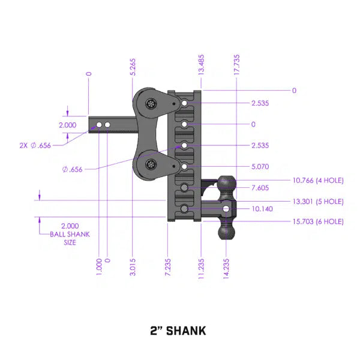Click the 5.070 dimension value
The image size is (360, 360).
[260, 167]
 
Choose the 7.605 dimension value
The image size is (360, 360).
[260, 188]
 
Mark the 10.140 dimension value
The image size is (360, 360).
[262, 209]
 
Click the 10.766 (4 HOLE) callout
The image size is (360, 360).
[317, 179]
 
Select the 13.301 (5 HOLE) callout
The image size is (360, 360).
[317, 201]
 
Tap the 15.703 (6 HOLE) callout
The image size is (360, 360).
[317, 221]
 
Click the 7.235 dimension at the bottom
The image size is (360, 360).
[168, 266]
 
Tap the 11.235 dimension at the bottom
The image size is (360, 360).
[202, 265]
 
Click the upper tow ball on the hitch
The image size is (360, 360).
[227, 184]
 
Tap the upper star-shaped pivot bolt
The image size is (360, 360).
[149, 103]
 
